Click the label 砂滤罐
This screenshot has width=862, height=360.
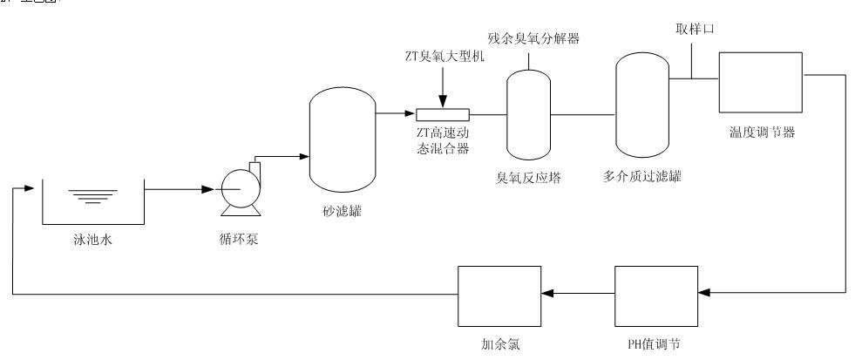pos(342,210)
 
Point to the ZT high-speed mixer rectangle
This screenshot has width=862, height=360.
pos(443,114)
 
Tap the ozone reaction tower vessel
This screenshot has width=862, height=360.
pos(529,113)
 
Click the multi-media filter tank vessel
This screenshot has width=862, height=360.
pos(641,104)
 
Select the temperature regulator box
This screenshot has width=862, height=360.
pos(760,82)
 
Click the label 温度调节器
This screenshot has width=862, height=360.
pos(761,133)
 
